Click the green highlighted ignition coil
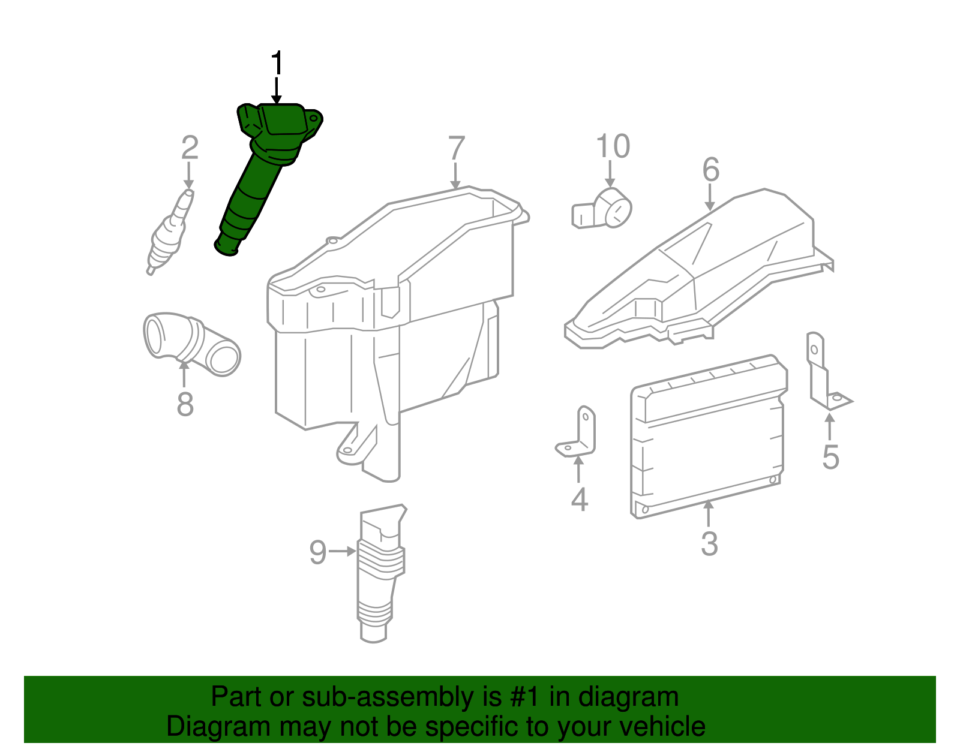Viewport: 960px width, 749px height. (x=258, y=180)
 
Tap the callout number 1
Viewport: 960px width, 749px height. (x=277, y=64)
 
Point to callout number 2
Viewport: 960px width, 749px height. (x=190, y=148)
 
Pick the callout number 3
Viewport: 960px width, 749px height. (x=709, y=544)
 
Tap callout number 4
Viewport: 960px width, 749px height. (x=579, y=500)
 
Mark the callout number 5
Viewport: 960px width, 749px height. (x=830, y=458)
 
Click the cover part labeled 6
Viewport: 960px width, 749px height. (x=696, y=270)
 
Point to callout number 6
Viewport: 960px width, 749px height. (x=711, y=170)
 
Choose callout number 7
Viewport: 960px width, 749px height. (x=457, y=148)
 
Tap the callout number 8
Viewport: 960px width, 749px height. (x=185, y=404)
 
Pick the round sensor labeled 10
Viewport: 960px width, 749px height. (x=606, y=209)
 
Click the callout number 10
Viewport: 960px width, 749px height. (x=613, y=146)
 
